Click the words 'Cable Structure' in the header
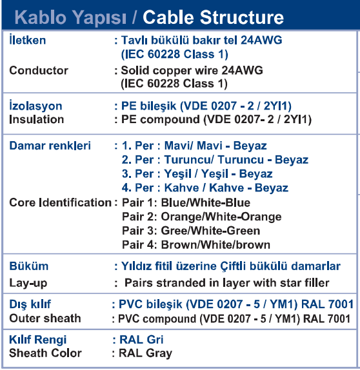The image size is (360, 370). pos(213,17)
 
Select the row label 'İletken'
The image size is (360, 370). pos(27,40)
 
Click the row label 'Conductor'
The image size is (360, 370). pos(39,70)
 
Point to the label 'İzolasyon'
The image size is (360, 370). pos(35,106)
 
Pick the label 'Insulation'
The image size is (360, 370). pos(37,119)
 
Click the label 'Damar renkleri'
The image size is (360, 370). pos(50,146)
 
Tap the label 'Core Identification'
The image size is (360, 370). pos(60,202)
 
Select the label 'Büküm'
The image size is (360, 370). pos(29,266)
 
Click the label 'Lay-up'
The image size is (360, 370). pos(28,283)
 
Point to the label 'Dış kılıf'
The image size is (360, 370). pos(30,304)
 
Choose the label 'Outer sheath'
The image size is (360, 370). pos(45,318)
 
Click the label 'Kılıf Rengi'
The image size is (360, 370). pos(38,340)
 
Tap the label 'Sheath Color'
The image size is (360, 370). pos(45,353)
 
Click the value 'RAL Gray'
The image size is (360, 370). pos(145,353)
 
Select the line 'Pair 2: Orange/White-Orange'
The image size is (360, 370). pos(202,217)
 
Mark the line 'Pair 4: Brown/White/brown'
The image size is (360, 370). pos(196,245)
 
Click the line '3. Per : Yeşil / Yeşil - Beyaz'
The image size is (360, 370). pos(197,174)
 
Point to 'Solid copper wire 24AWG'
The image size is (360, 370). pos(192,70)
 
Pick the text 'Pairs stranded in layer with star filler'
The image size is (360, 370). pos(226,283)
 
